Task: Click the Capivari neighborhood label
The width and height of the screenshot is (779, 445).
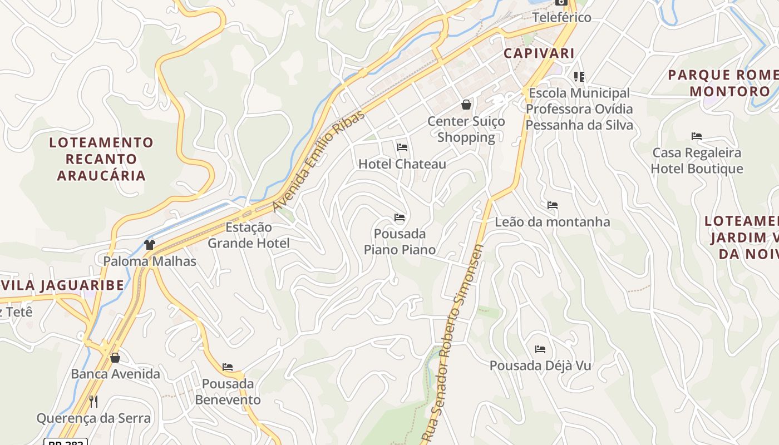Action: pos(539,53)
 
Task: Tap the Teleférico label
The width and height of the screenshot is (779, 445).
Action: pos(561,17)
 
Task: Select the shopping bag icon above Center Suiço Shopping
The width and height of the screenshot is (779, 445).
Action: pos(466,104)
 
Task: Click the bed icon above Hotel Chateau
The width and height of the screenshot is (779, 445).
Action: pos(402,147)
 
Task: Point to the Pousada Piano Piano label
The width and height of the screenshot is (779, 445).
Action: pos(400,241)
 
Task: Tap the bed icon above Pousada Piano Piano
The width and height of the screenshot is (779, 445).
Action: pos(400,217)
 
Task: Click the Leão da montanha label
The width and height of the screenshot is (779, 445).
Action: pos(553,222)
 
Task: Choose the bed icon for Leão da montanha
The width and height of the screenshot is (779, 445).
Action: pos(553,205)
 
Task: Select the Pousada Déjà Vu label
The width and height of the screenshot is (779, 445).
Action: pos(540,365)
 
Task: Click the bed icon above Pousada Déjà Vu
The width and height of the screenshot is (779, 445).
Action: pos(540,349)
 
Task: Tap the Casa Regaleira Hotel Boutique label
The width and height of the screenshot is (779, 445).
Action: pos(697,161)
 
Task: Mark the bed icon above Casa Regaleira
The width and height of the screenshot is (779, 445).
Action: pos(697,136)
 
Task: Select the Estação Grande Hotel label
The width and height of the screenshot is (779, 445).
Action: pos(249,235)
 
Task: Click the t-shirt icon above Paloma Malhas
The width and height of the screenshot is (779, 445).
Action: pos(149,244)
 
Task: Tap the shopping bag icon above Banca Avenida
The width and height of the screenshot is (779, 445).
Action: pos(115,357)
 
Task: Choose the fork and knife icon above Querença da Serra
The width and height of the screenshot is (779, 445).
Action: pos(93,401)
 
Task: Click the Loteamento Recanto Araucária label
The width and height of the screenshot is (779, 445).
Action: pos(101,159)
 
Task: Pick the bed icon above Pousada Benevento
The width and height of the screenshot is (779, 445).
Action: pos(228,367)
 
